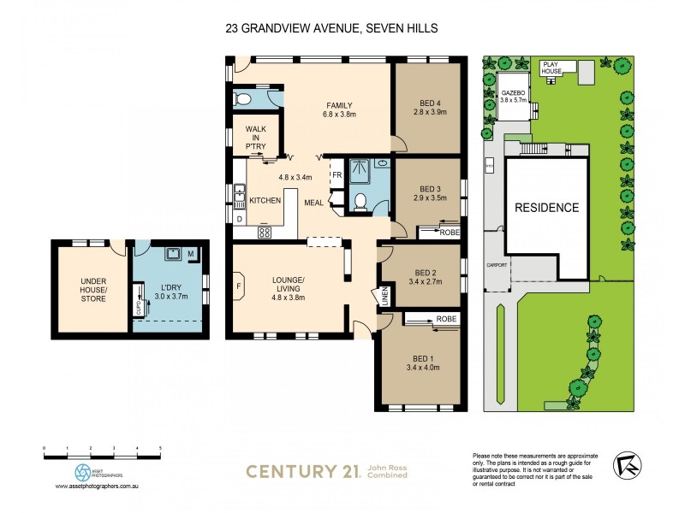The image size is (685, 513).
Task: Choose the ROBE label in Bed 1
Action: (446, 318)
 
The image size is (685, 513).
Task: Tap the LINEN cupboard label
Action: (374, 297)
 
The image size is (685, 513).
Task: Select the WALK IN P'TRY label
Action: (256, 137)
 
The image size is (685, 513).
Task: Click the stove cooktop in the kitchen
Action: (265, 232)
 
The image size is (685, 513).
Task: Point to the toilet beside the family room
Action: (243, 99)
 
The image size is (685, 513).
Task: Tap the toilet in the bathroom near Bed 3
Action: (361, 201)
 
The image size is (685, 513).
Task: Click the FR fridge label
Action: (337, 176)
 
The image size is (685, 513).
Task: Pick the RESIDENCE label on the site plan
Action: (546, 207)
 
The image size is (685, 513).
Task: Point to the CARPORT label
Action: (497, 266)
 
